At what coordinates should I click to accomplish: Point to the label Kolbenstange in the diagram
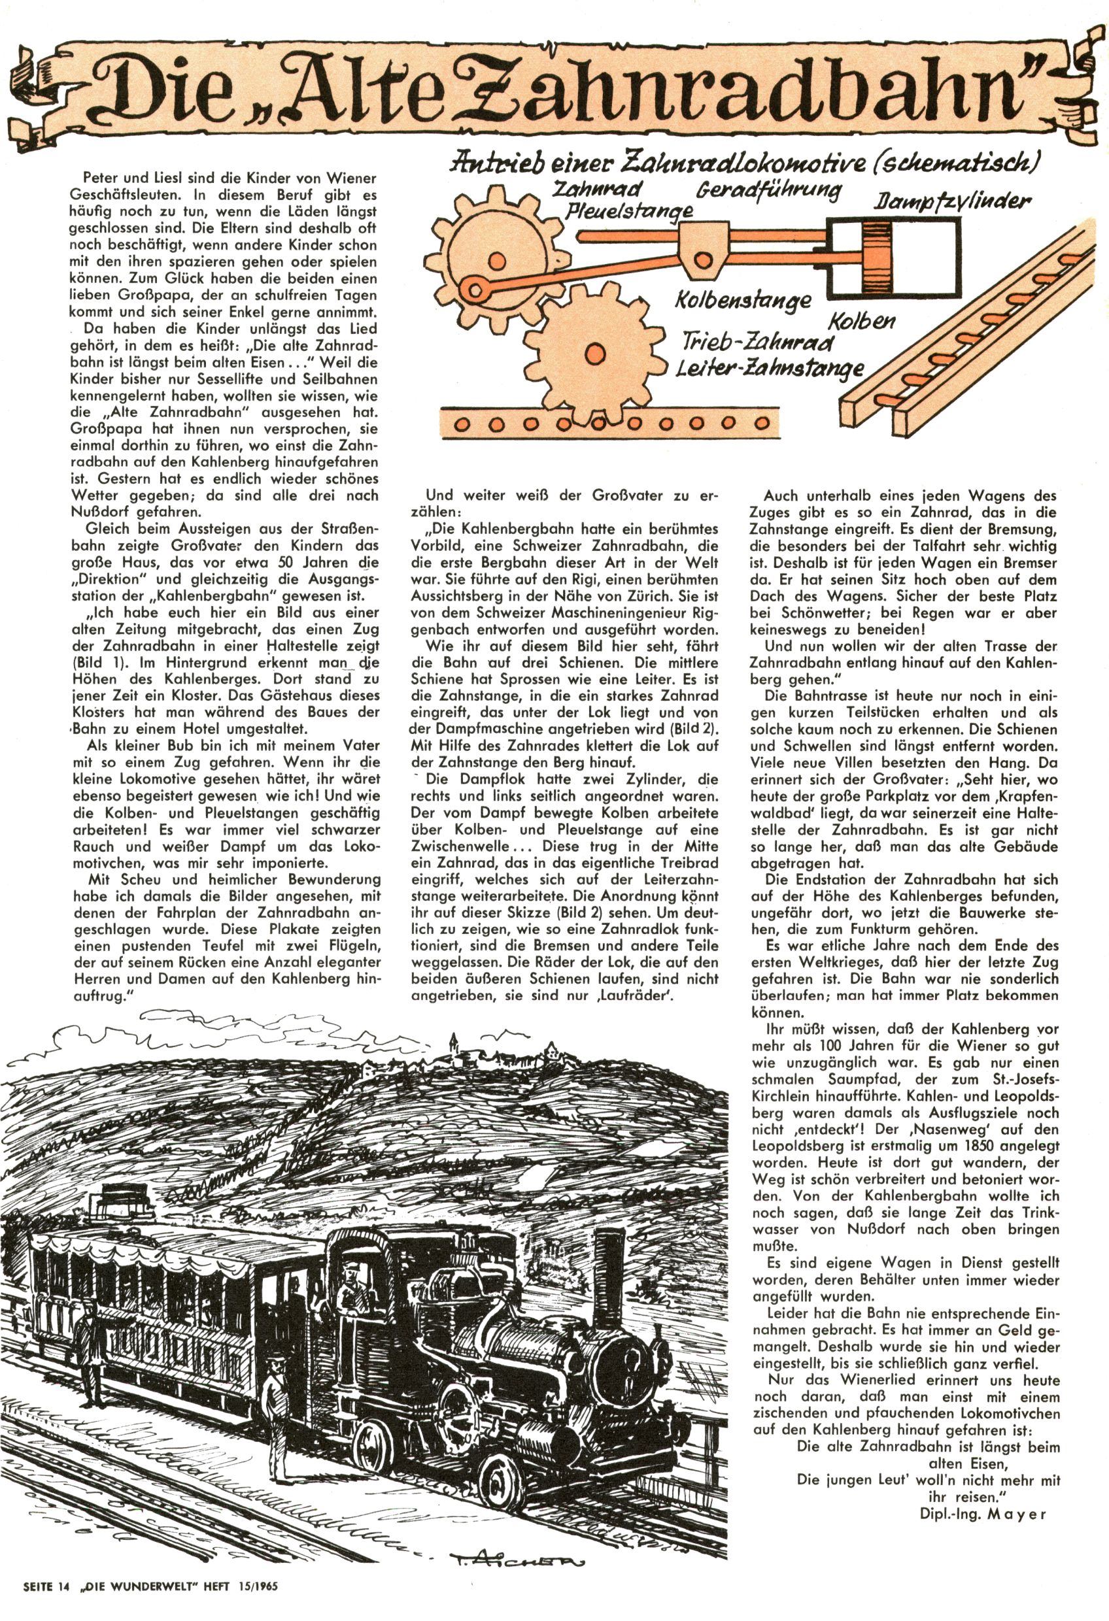pyautogui.click(x=743, y=301)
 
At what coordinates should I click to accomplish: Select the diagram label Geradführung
pyautogui.click(x=768, y=191)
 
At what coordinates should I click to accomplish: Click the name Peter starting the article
pyautogui.click(x=97, y=174)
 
